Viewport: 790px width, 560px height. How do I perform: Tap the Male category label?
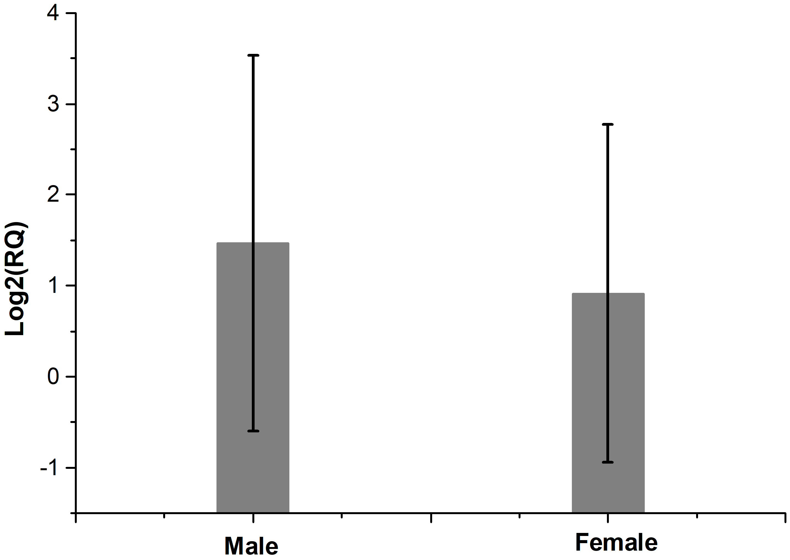click(251, 546)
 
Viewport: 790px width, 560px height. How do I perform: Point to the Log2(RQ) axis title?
click(15, 279)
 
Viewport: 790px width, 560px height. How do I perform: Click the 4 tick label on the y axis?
click(53, 14)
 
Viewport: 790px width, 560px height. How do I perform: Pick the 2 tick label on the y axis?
click(53, 195)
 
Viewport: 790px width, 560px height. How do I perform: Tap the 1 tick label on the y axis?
click(53, 285)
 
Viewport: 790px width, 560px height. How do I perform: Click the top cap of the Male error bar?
click(253, 55)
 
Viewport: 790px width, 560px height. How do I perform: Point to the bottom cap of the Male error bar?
click(253, 431)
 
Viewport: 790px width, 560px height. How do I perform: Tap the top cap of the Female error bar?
click(608, 124)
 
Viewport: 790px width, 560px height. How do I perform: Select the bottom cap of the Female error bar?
click(608, 462)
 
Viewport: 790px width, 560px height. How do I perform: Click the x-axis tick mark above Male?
click(253, 518)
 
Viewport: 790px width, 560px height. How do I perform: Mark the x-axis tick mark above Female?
click(608, 518)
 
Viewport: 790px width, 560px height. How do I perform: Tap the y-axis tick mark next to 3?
click(71, 104)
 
